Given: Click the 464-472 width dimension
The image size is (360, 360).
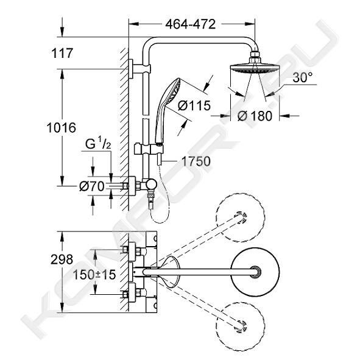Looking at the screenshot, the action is (190, 24).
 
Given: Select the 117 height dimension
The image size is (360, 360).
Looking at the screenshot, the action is (62, 53).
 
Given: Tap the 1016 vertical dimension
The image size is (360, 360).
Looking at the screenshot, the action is (62, 128).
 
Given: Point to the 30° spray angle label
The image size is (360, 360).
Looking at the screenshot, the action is (302, 77).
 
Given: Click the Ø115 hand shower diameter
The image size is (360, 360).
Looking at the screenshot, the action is (194, 105).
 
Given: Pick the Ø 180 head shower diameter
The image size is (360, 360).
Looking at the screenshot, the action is (255, 116).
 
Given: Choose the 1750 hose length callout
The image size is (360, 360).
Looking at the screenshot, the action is (196, 161).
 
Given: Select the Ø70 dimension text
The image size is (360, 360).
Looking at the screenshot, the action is (91, 186).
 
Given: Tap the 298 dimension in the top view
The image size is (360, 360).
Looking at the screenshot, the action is (62, 259).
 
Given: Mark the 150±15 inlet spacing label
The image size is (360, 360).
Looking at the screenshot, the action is (94, 275).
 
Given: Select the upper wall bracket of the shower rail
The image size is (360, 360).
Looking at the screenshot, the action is (139, 69).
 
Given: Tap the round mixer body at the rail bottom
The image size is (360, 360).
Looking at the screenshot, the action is (152, 185).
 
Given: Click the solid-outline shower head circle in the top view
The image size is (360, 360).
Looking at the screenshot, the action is (255, 272).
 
